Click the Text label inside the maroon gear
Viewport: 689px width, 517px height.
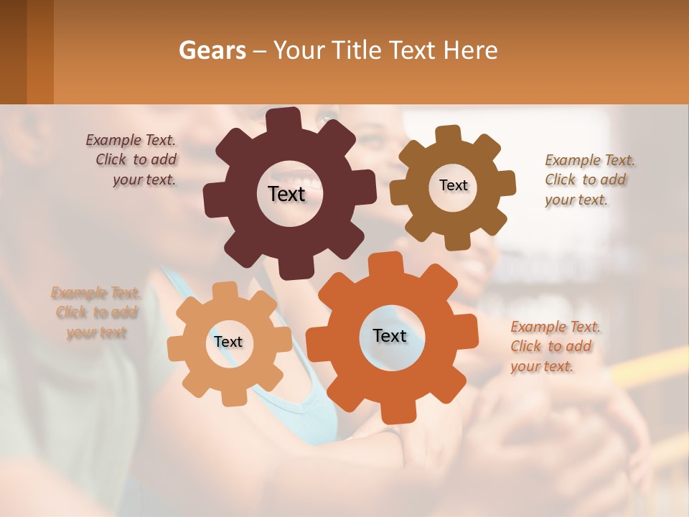286,194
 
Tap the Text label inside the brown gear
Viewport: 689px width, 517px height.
453,185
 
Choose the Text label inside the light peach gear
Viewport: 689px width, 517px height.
228,342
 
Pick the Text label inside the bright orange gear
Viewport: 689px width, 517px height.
390,335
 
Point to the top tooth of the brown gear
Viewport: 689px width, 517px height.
448,134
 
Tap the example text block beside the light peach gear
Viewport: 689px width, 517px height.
95,312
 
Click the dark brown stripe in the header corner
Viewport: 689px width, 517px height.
13,52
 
